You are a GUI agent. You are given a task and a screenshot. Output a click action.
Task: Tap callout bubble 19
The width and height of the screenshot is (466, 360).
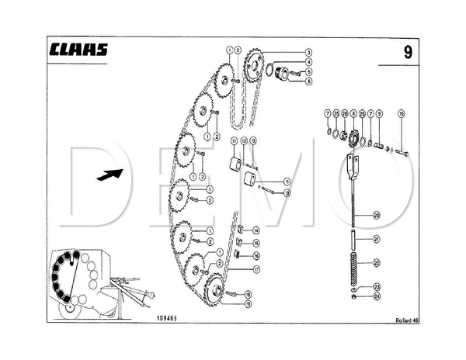pyautogui.click(x=247, y=305)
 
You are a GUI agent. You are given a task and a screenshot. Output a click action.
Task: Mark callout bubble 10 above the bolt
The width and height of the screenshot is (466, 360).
pyautogui.click(x=402, y=114)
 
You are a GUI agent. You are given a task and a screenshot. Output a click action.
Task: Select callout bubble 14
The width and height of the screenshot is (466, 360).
pyautogui.click(x=256, y=230)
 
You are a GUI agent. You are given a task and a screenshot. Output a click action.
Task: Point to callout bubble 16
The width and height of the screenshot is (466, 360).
pyautogui.click(x=256, y=255)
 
